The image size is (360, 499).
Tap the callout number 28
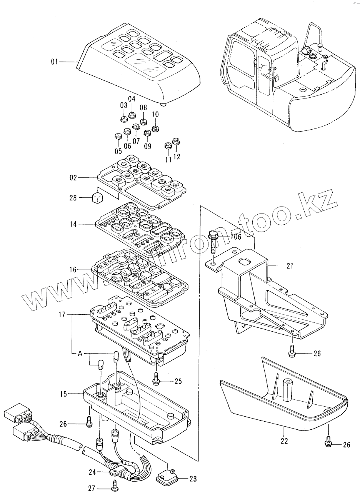(x=73, y=198)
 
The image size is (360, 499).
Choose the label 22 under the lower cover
(x=284, y=441)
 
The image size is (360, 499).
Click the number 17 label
(x=62, y=315)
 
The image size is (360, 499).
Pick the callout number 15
(x=63, y=394)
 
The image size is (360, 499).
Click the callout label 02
(x=72, y=178)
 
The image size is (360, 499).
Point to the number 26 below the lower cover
(x=346, y=445)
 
